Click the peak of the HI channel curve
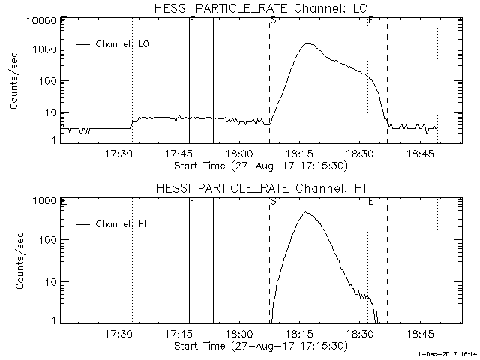point(305,212)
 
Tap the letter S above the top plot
point(273,19)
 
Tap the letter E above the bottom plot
point(371,200)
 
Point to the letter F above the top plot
point(192,19)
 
